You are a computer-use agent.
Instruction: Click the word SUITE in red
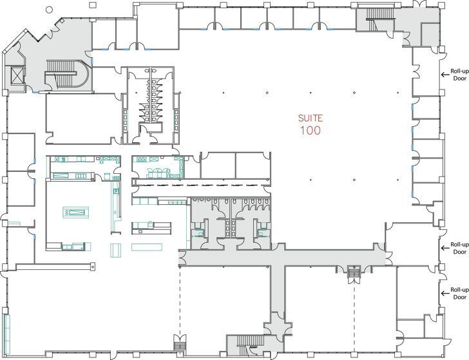click(x=309, y=118)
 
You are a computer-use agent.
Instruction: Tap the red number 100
click(x=310, y=131)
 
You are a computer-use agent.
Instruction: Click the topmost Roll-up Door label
click(x=459, y=74)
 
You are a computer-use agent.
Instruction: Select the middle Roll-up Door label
click(x=459, y=248)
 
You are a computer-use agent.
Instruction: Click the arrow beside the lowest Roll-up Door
click(x=444, y=293)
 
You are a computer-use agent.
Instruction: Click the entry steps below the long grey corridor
click(x=352, y=274)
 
